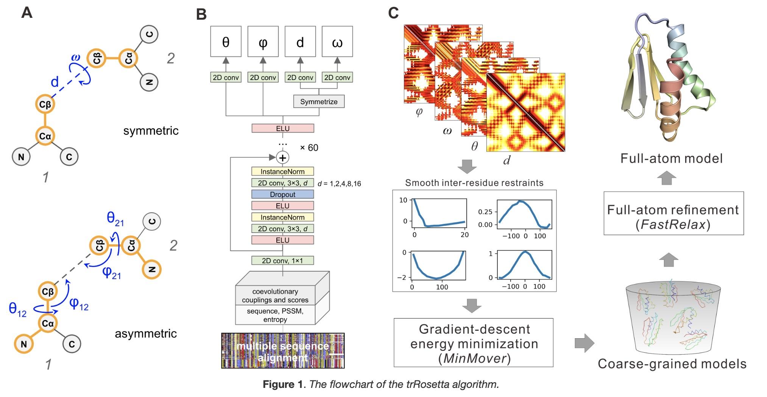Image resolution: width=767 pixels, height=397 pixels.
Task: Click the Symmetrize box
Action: point(319,102)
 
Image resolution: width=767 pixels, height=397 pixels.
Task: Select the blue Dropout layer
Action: point(282,194)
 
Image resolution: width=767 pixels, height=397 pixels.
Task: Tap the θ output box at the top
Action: point(226,42)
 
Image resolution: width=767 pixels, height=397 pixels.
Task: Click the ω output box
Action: point(337,42)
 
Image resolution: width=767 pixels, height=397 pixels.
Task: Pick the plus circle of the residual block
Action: point(282,158)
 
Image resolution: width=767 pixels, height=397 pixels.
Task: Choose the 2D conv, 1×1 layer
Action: point(282,261)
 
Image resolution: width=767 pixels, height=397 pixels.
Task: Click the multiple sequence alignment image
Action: point(283,351)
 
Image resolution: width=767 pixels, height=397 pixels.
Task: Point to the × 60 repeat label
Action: point(309,148)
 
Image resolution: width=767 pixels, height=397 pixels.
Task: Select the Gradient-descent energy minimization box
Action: point(473,343)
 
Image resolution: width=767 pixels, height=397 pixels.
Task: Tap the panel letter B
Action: point(201,15)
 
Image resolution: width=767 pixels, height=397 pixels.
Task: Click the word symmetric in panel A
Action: point(151,131)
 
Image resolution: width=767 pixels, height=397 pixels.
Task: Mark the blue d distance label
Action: point(55,82)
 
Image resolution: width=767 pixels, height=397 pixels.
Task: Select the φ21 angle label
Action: point(112,272)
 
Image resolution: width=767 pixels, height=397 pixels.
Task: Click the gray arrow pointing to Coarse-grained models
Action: point(584,343)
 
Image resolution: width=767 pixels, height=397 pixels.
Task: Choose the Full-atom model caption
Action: point(671,158)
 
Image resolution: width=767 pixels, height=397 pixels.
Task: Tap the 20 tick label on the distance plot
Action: point(465,235)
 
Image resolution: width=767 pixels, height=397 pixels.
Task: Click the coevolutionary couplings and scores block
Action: point(275,296)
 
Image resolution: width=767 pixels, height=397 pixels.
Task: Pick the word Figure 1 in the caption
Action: point(284,384)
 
